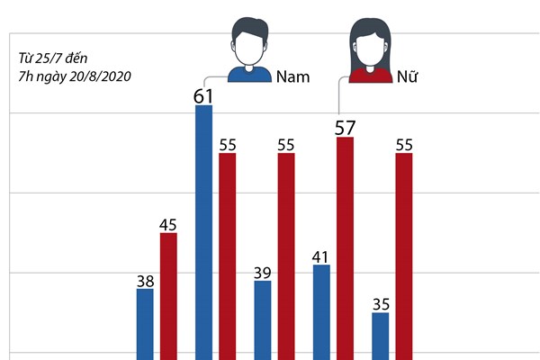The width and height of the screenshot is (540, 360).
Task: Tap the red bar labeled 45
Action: [x=168, y=296]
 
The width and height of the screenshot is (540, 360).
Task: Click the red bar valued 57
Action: [x=345, y=247]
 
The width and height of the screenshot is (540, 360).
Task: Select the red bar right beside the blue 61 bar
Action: [x=227, y=256]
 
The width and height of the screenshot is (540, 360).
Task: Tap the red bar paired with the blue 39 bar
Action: [x=286, y=256]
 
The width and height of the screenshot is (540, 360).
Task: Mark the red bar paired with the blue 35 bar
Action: [x=404, y=256]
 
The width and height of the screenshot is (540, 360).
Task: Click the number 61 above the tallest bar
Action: [x=203, y=94]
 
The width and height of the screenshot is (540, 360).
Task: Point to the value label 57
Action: [x=345, y=126]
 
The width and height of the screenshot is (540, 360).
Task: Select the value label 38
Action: [x=145, y=280]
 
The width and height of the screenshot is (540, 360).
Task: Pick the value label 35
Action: [x=381, y=303]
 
